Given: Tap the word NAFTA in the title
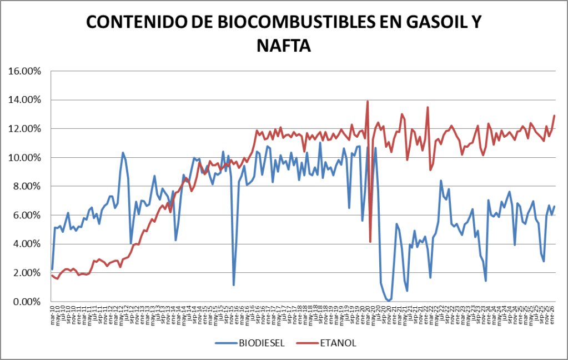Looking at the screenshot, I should [283, 45].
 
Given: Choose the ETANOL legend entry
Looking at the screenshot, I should [338, 343].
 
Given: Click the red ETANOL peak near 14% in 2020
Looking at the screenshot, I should [368, 101].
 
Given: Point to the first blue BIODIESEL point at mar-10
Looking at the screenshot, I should [52, 269].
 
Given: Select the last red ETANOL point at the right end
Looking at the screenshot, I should [554, 116].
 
